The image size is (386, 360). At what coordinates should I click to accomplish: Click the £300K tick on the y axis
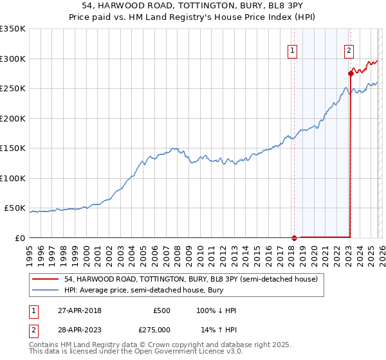[13, 59]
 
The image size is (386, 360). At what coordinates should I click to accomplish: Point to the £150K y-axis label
[13, 148]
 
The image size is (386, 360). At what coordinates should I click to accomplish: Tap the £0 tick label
[19, 238]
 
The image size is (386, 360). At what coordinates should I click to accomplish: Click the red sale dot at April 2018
[294, 237]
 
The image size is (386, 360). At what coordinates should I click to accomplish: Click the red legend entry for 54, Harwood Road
[191, 280]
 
